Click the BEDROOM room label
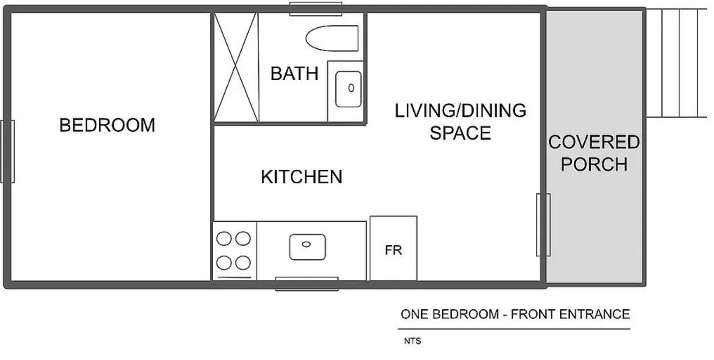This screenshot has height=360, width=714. pos(107,125)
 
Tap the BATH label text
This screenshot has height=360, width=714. pos(294,74)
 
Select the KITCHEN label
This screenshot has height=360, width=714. pos(302,177)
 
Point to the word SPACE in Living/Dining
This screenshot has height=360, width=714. pos(460,133)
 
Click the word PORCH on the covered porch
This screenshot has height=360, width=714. pos(594,164)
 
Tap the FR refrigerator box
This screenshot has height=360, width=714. pos(394,248)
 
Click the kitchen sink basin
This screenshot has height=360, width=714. pos(307,247)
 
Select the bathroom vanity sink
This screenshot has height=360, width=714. pos(348,89)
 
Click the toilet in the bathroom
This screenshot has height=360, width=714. pos(332,38)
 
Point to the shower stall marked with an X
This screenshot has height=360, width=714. pos(236,67)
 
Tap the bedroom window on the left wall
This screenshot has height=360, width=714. pos(7,151)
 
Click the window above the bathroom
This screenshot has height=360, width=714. pos(316,9)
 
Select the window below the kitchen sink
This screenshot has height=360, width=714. pos(307,284)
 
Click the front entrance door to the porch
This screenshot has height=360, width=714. pos(543,225)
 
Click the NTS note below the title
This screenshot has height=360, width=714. pos(412,341)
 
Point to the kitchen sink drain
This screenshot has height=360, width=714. pos(306,244)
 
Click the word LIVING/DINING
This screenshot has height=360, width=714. pos(460,111)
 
